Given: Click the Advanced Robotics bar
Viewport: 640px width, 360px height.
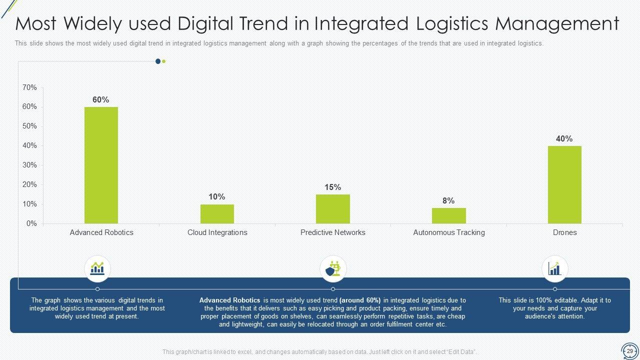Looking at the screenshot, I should coord(101,165).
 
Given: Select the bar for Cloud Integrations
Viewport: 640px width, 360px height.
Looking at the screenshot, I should coord(217,213).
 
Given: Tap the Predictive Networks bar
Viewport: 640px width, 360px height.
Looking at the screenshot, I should coord(333,209).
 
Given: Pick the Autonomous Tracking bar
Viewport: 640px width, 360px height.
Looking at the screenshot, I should coord(448,215).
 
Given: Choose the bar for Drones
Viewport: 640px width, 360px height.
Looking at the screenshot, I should coord(564,184).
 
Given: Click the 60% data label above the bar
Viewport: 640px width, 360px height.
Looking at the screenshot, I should coord(100,99).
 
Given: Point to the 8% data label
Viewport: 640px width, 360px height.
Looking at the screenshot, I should coord(448,200).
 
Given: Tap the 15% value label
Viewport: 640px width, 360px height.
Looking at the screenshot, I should coord(332,187).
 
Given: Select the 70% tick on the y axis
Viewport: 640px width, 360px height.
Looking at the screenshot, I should coord(29,87).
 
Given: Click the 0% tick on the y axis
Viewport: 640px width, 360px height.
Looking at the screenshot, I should coord(31,223).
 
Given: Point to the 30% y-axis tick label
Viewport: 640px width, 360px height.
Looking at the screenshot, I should coord(29,165).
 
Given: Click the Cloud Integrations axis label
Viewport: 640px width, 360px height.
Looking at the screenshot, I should coord(217,232).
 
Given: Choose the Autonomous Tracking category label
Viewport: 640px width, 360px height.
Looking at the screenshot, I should coord(448,232).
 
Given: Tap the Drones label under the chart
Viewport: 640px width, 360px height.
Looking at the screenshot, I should coord(564,232).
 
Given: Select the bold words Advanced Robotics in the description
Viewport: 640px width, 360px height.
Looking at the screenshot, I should coord(229,300).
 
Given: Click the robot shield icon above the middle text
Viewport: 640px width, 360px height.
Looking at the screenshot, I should coord(333,269).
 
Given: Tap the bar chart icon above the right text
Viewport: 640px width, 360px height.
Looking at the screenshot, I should coord(554,269).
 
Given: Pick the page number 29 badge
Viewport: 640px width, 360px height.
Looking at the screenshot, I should coord(629,351).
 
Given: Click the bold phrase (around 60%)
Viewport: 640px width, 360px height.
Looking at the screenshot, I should coord(360,300).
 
